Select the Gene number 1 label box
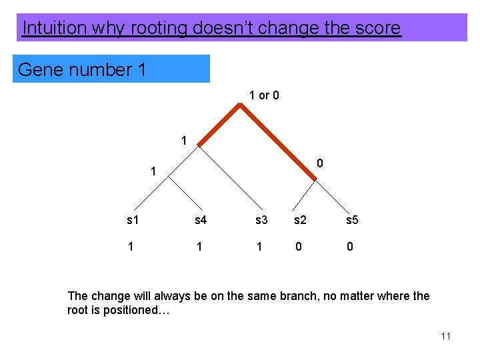point(111,69)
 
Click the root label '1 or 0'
point(264,95)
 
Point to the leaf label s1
point(133,220)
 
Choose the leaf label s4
point(201,220)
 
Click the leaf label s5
point(351,220)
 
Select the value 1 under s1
point(131,247)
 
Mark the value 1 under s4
point(199,247)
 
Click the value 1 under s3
point(259,247)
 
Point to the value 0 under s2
point(298,247)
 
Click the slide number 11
point(446,336)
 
